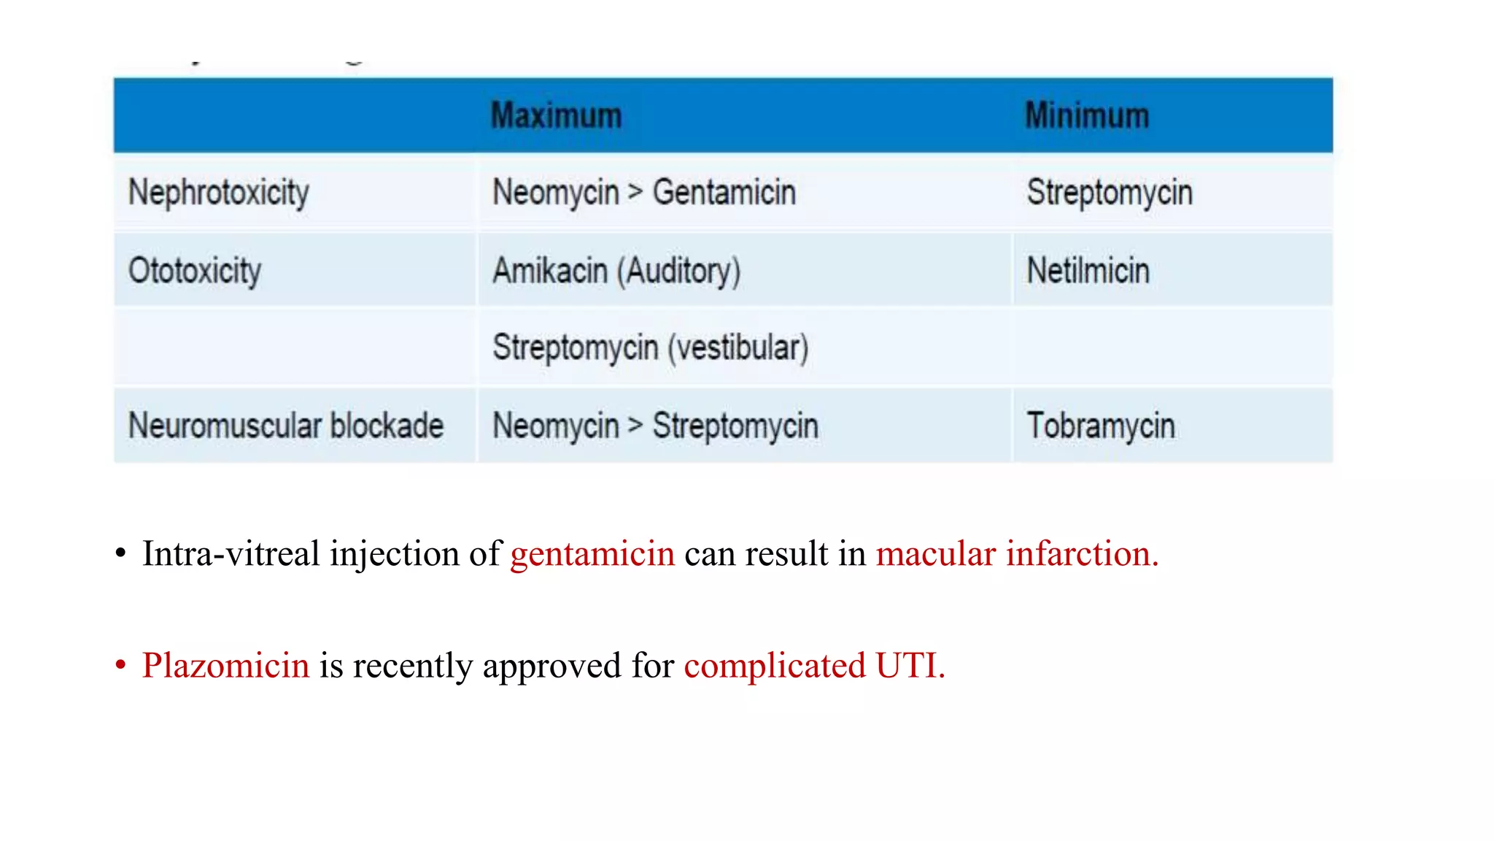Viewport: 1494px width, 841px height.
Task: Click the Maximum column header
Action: [556, 116]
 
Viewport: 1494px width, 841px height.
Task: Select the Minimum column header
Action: [1087, 116]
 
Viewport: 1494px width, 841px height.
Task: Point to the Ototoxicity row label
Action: [195, 271]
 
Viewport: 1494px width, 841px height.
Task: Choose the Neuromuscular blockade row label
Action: [286, 426]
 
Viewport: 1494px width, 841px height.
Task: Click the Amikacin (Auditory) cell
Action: [616, 271]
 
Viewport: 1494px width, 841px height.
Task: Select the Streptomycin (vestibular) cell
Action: [650, 347]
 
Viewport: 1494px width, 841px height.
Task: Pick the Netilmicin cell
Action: [1088, 271]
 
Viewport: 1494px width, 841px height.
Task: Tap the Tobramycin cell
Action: [1101, 426]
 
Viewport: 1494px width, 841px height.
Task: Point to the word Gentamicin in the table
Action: [724, 193]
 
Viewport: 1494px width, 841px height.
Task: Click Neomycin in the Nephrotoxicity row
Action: [556, 193]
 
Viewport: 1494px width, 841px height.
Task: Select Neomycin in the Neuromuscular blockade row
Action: [556, 426]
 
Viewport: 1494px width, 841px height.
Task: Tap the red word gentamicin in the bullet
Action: [592, 554]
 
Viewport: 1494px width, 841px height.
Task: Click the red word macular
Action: [936, 554]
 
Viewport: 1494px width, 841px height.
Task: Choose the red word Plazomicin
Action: [226, 666]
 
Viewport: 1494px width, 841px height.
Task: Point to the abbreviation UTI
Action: [910, 666]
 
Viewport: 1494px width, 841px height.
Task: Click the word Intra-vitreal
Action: [231, 554]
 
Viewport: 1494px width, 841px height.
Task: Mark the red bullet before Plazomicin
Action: [121, 666]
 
